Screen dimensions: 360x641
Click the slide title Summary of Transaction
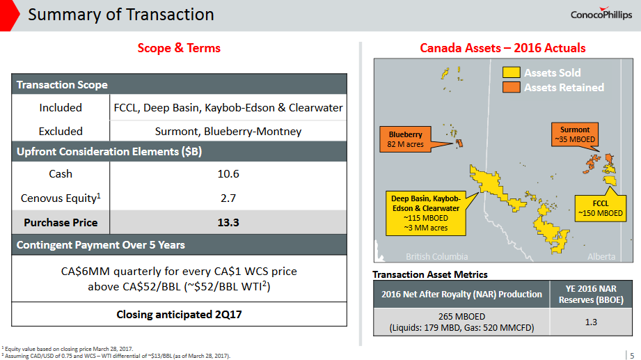120,14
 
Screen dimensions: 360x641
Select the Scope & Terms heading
179,48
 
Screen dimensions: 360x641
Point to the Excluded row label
61,131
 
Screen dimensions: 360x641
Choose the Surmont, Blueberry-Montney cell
228,131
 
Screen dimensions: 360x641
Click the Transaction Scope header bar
179,85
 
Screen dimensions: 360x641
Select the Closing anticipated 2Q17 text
179,313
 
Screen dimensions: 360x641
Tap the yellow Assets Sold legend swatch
512,72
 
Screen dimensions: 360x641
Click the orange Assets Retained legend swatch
512,87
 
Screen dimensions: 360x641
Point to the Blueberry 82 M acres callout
405,139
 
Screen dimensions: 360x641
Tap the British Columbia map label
437,256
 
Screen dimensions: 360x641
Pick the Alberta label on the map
601,256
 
